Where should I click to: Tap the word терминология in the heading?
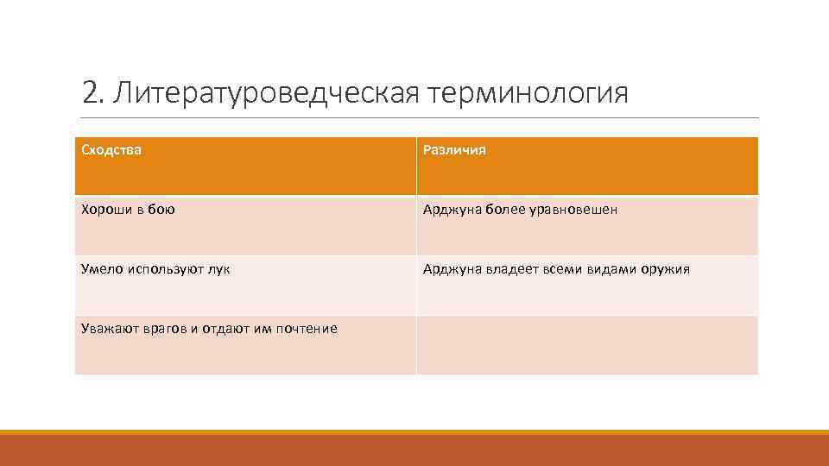pos(528,93)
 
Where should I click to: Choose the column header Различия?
pos(454,150)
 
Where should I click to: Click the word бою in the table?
pos(161,210)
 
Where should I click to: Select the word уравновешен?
pos(574,210)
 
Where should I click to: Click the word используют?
pos(167,269)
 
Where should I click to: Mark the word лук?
pos(219,269)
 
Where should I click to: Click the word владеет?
pos(508,269)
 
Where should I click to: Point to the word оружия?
pos(665,269)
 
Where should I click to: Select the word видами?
pos(612,269)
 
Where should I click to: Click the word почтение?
pos(307,329)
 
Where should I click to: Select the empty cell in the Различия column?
pos(587,345)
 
